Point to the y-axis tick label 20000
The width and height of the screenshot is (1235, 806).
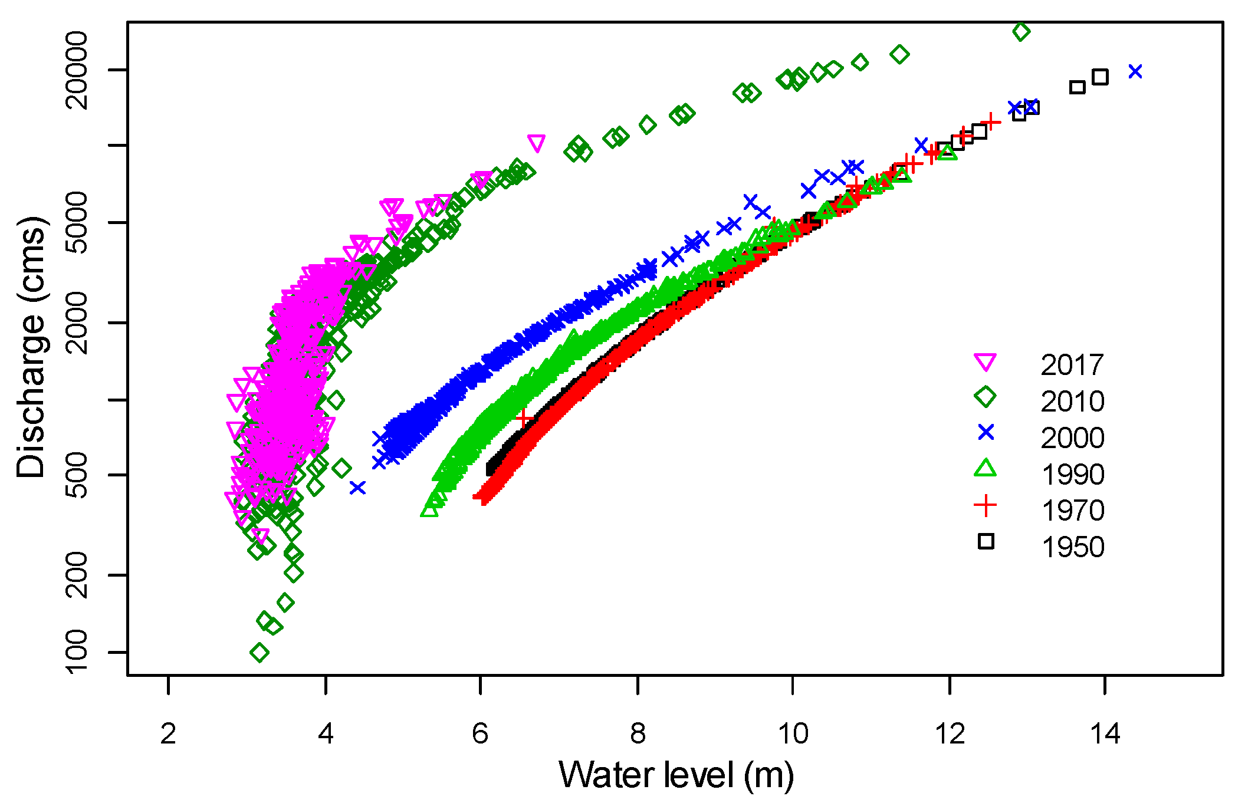click(77, 70)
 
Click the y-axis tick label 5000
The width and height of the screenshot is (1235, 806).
click(77, 222)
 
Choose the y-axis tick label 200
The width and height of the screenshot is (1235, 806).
click(77, 575)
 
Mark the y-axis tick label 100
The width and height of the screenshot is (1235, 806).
click(77, 652)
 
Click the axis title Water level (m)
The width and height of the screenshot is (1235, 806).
click(676, 775)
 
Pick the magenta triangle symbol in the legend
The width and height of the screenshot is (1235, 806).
click(986, 362)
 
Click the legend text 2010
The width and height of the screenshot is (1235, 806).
click(1072, 402)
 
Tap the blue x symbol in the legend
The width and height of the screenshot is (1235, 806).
click(986, 433)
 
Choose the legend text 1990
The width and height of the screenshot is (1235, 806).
click(1072, 475)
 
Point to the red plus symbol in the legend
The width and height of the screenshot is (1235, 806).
click(986, 506)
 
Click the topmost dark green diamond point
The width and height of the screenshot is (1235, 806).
click(1021, 31)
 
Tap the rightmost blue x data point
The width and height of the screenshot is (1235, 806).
click(1135, 71)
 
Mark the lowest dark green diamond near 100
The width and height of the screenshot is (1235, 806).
click(260, 653)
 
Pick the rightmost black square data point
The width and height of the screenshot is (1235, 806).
click(1100, 77)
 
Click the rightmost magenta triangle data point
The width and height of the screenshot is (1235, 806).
click(536, 143)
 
